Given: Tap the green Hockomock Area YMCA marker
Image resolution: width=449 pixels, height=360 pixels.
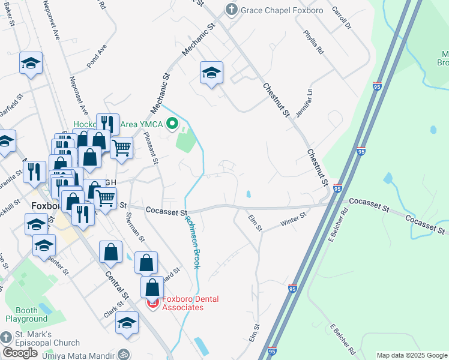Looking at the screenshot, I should pos(172,125).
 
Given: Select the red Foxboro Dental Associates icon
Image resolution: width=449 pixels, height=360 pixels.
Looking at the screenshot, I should pos(152,304).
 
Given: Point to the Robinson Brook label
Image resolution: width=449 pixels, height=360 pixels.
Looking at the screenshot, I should pos(192,242).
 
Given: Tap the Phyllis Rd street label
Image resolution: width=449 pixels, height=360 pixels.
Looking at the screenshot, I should pos(314,43).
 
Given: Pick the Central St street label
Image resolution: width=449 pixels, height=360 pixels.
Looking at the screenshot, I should pos(117,286).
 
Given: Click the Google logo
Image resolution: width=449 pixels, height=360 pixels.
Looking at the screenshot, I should pos(20,353).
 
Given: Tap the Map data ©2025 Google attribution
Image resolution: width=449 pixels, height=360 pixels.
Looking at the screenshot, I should pos(412,355).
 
